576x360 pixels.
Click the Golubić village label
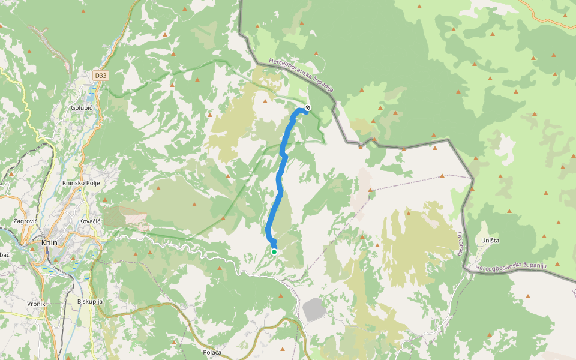pyautogui.click(x=82, y=107)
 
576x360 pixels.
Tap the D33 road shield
pyautogui.click(x=100, y=76)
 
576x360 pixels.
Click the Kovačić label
pyautogui.click(x=89, y=221)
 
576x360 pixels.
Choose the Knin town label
pyautogui.click(x=49, y=243)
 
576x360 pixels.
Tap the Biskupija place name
pyautogui.click(x=91, y=301)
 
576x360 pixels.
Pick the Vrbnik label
pyautogui.click(x=36, y=304)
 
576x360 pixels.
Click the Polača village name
pyautogui.click(x=212, y=352)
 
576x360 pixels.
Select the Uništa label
pyautogui.click(x=490, y=241)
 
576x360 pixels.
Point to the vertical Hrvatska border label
pyautogui.click(x=460, y=243)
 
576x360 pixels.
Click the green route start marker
pyautogui.click(x=274, y=252)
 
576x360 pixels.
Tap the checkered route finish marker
pyautogui.click(x=308, y=107)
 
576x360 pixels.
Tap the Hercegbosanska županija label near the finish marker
pyautogui.click(x=300, y=75)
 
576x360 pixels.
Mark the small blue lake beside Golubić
pyautogui.click(x=91, y=97)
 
